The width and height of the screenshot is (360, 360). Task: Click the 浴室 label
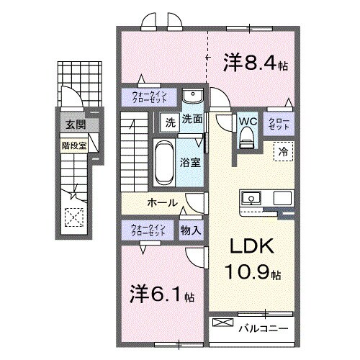pos(191,163)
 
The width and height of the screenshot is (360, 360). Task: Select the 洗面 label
pos(191,120)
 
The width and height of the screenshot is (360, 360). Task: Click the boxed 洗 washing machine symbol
pos(170,122)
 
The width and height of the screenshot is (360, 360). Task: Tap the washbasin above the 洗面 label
pos(192,97)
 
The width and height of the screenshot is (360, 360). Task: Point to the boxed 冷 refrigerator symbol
pos(283,152)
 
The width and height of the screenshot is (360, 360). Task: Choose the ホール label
pos(163,202)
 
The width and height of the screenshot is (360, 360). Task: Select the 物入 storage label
pos(191,230)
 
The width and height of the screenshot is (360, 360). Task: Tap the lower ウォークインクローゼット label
pos(148,230)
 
